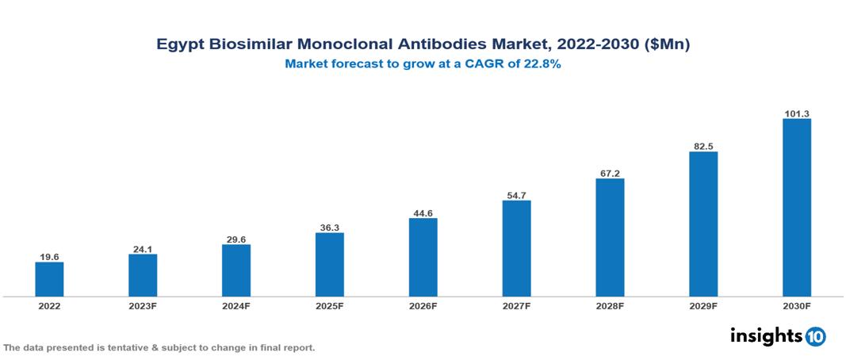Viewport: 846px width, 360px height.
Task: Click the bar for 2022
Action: [49, 279]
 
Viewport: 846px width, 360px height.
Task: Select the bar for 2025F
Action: [329, 264]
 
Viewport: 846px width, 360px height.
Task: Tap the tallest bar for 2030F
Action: [796, 208]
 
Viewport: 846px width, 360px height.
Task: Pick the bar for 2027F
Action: [516, 248]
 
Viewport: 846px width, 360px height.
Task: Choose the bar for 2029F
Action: [703, 224]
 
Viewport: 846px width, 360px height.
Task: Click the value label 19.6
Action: [49, 256]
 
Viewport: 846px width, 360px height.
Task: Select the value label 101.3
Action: [796, 113]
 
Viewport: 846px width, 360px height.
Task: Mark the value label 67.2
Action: [610, 173]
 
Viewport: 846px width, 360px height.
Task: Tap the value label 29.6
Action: [236, 239]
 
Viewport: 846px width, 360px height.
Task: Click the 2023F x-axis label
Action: [143, 305]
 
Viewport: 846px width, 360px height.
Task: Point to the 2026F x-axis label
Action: [423, 305]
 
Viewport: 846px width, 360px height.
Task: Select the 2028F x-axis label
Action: [610, 305]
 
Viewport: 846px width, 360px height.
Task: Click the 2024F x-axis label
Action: [236, 305]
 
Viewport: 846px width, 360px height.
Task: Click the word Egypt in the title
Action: [178, 45]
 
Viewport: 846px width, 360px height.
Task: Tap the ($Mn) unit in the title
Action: [667, 45]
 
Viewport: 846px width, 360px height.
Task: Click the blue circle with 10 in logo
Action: [815, 336]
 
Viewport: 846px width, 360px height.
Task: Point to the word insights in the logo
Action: [766, 335]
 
